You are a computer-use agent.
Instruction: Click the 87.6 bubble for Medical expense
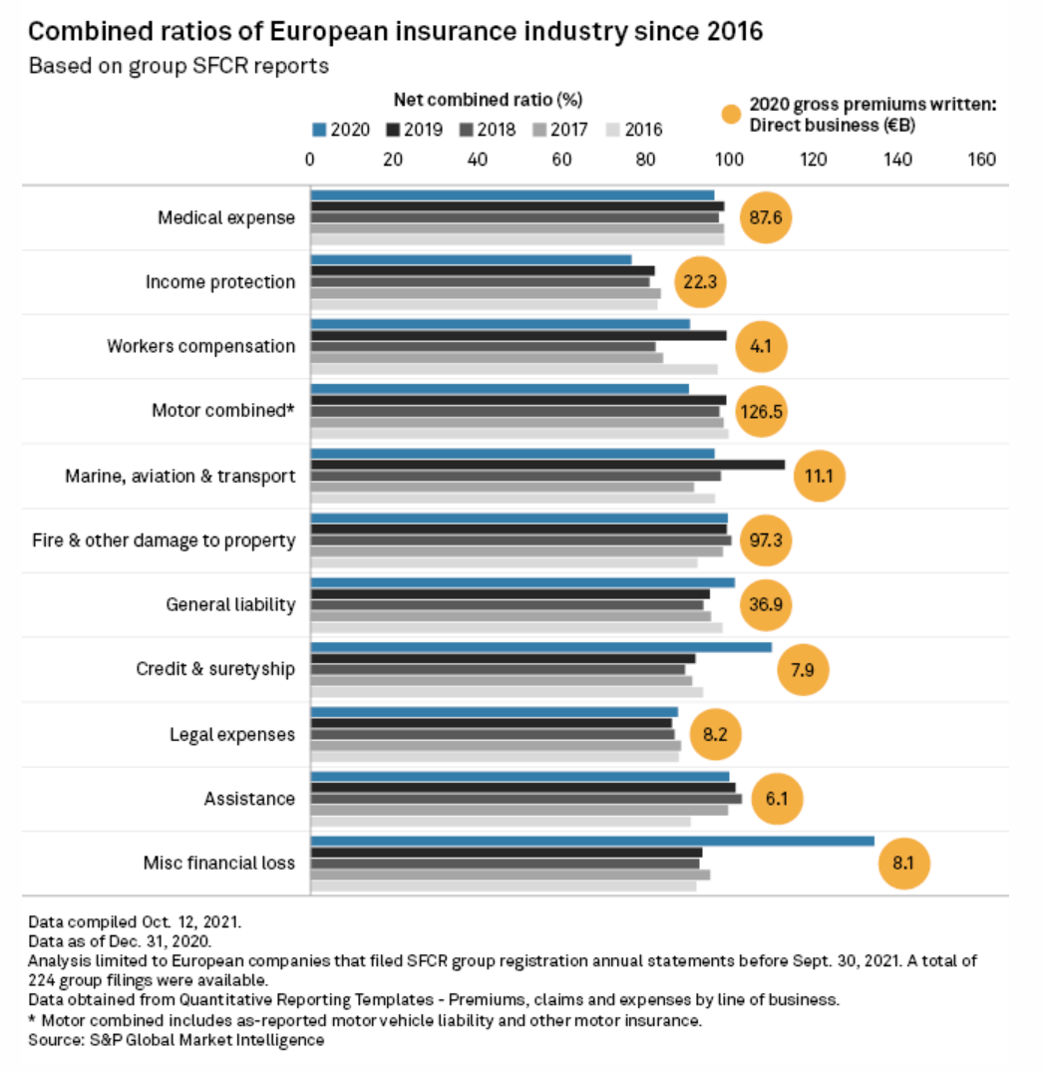tap(765, 217)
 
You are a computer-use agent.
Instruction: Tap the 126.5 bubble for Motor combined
tap(762, 411)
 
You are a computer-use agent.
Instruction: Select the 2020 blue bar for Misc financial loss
tap(592, 842)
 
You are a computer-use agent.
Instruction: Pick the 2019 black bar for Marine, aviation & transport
tap(547, 465)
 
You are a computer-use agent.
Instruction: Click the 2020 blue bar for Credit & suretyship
tap(541, 647)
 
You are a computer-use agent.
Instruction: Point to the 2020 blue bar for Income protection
tap(471, 260)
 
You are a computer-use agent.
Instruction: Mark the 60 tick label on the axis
tap(561, 160)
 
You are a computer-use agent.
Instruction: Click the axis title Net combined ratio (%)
tap(489, 100)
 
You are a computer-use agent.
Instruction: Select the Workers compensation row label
tap(201, 346)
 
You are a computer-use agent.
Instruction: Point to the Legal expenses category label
tap(232, 735)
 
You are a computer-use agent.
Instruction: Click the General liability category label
tap(230, 604)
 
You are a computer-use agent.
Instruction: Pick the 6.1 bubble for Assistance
tap(777, 799)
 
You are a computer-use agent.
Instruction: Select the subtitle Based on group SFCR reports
tap(178, 67)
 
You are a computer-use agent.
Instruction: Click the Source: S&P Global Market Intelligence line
tap(176, 1040)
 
